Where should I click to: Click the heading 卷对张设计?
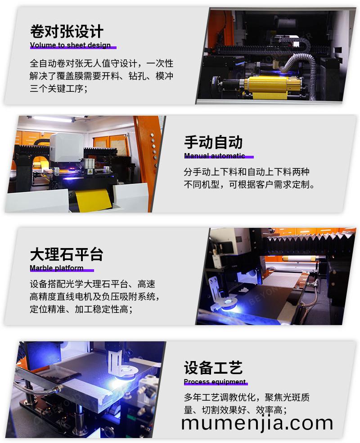tap(67, 31)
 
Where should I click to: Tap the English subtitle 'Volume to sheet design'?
tap(70, 45)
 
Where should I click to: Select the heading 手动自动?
tap(213, 142)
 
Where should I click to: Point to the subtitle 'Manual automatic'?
tap(214, 156)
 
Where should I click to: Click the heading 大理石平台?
tap(67, 254)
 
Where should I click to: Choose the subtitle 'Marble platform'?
tap(56, 267)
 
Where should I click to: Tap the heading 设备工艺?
tap(213, 367)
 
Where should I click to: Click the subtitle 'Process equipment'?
tap(215, 382)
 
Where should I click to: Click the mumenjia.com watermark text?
tap(257, 423)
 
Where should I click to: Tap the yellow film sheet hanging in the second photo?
tap(92, 201)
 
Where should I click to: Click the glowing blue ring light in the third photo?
tap(229, 303)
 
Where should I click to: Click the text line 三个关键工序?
tap(58, 88)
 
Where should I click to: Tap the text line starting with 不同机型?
tap(249, 185)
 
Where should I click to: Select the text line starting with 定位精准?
tap(81, 309)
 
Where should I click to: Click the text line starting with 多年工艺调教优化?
tap(247, 397)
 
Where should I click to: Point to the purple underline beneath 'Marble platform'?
tap(62, 271)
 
